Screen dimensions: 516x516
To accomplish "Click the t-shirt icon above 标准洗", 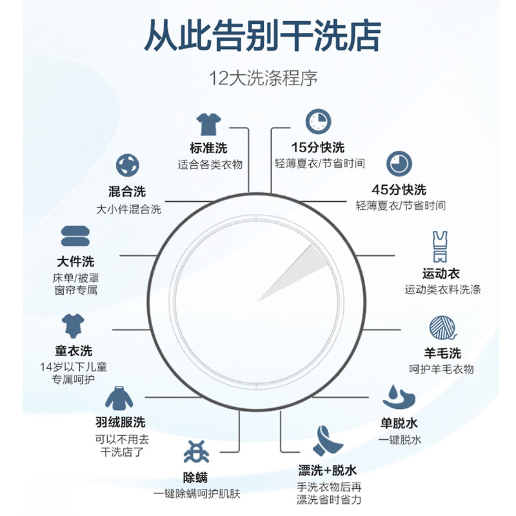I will [x=209, y=123].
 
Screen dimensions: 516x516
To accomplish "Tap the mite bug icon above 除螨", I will [x=196, y=451].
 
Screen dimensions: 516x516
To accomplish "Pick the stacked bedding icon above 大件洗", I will [x=75, y=237].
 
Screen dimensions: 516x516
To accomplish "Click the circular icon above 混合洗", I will [x=127, y=165].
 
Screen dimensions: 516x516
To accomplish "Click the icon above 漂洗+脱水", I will [x=328, y=441].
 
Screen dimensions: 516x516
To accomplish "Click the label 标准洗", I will [x=209, y=148].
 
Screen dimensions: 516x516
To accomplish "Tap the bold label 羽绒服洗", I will [x=121, y=422].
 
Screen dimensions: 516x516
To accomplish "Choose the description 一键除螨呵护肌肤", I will [x=197, y=495].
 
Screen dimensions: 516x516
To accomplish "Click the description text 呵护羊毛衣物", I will [x=442, y=369].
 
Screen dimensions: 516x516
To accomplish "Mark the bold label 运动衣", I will [x=441, y=274].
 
